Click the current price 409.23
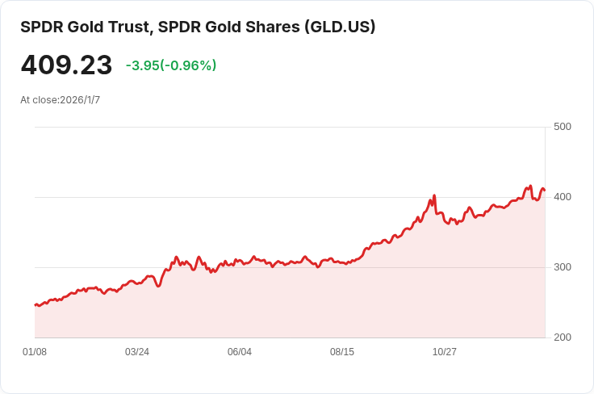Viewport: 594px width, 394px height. tap(66, 65)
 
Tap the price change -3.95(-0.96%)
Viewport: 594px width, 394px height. tap(171, 65)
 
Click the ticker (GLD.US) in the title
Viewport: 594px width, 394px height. tap(340, 27)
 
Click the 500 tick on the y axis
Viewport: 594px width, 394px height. tap(563, 127)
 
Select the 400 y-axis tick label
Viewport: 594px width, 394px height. tap(563, 197)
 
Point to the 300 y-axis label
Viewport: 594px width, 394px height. tap(563, 267)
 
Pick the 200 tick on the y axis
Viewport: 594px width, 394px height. tap(563, 337)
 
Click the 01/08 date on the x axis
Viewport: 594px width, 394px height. tap(35, 352)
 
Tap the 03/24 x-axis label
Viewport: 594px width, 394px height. tap(137, 352)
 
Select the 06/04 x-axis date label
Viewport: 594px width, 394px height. tap(240, 352)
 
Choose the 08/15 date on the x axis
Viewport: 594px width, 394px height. tap(342, 352)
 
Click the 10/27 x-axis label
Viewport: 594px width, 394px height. tap(445, 352)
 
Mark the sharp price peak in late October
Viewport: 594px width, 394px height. tap(434, 195)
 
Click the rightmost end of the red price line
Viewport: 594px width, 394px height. tap(545, 191)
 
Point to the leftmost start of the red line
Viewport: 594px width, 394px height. tap(35, 304)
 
